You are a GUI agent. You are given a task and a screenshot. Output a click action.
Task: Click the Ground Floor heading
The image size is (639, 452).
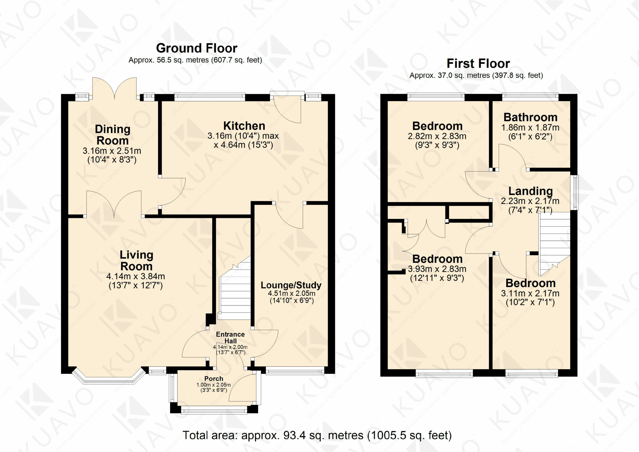(x=196, y=48)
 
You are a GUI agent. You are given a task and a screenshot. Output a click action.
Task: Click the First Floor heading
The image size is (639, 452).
(x=478, y=63)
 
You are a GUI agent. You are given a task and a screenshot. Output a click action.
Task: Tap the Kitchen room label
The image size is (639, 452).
(x=244, y=126)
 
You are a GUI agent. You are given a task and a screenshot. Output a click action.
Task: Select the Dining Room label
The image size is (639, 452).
(x=112, y=135)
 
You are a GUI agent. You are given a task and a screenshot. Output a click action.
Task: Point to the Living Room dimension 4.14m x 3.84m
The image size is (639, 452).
(x=136, y=276)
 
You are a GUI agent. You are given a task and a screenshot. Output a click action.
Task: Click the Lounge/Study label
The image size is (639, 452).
(x=291, y=285)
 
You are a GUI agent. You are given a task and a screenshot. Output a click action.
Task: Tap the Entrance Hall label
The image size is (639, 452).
(x=230, y=338)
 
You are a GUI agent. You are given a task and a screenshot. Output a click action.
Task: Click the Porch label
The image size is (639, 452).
(x=214, y=379)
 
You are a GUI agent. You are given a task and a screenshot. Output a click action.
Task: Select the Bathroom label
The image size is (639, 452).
(x=530, y=117)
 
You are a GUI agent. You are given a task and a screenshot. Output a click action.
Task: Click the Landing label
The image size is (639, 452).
(x=530, y=191)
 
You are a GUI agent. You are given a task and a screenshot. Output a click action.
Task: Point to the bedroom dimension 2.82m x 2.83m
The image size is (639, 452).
(x=437, y=136)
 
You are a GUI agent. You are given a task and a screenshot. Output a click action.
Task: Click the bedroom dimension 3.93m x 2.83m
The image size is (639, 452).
(x=437, y=269)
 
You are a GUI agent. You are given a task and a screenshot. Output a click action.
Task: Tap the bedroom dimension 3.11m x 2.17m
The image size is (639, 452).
(x=530, y=293)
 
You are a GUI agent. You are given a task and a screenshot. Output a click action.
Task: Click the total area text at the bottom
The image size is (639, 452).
(x=317, y=435)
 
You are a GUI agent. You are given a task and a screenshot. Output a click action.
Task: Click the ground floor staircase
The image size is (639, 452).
(x=235, y=288)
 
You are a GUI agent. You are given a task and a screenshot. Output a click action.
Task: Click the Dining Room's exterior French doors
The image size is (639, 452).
(x=114, y=88)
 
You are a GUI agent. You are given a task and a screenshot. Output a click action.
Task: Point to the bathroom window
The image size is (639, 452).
(x=530, y=96)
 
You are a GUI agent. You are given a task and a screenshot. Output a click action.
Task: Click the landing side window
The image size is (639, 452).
(x=574, y=192)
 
